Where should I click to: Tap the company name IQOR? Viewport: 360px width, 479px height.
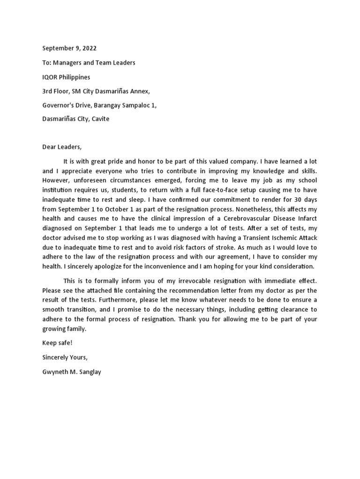point(50,77)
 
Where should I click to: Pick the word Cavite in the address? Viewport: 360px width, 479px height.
point(100,119)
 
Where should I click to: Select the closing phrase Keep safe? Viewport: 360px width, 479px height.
point(58,343)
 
